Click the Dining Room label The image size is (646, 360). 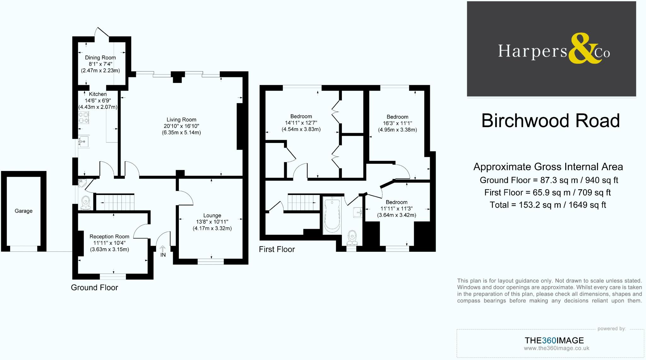click(100, 58)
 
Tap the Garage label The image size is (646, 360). click(23, 211)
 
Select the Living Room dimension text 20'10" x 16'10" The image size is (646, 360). click(181, 126)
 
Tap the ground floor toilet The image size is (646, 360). click(86, 203)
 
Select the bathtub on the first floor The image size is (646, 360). click(332, 215)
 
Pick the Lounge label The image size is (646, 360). click(212, 215)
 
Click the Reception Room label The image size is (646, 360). click(109, 237)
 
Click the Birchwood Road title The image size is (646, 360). click(550, 121)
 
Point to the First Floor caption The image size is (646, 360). click(277, 250)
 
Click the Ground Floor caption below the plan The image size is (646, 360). click(94, 288)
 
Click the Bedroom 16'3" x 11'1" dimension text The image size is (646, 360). click(397, 123)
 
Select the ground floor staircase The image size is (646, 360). click(115, 202)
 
